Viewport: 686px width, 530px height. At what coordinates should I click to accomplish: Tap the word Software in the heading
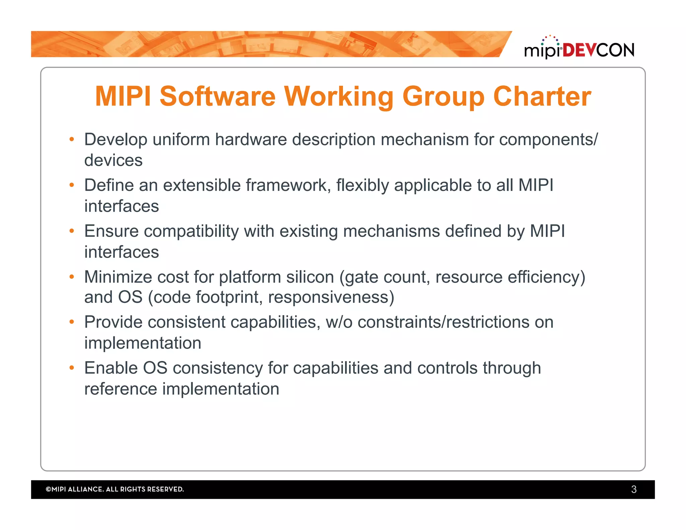[x=217, y=96]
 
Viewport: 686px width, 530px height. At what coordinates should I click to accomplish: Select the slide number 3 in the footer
[x=633, y=489]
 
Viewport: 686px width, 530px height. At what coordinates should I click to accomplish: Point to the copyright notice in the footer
[x=115, y=489]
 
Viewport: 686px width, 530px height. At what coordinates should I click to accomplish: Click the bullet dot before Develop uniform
[x=71, y=139]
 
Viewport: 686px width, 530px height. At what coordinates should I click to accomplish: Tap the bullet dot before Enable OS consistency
[x=71, y=368]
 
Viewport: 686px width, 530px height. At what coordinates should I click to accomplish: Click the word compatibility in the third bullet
[x=191, y=231]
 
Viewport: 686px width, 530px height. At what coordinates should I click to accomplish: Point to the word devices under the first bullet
[x=113, y=160]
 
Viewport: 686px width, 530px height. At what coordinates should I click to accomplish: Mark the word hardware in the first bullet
[x=251, y=139]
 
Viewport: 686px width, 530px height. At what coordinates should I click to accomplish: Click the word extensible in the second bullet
[x=202, y=185]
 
